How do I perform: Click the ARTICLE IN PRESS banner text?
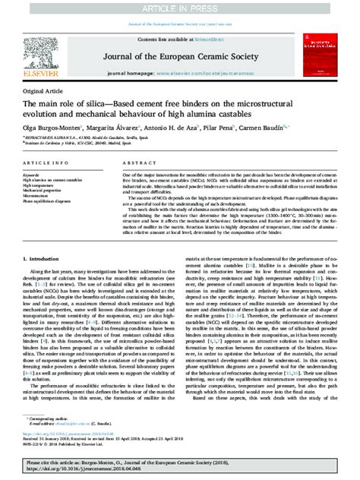(180, 8)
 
